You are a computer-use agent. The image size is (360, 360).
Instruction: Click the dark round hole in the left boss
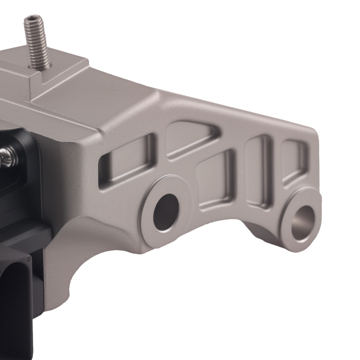click(x=166, y=212)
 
